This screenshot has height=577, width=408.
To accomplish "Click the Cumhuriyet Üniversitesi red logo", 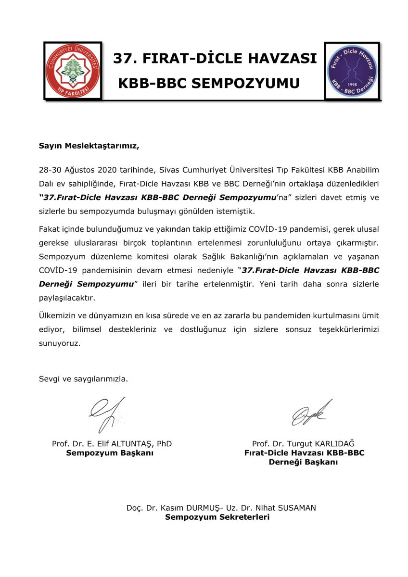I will coord(73,71).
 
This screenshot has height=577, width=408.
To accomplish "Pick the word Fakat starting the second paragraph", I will coord(50,226).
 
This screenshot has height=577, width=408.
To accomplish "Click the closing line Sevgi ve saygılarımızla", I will coord(84,378).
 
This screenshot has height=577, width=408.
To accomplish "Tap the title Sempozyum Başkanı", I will coord(110,453).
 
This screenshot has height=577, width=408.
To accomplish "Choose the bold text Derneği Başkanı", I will coord(303,462).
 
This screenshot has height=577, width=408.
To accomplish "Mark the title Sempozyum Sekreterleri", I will coord(217,517).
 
